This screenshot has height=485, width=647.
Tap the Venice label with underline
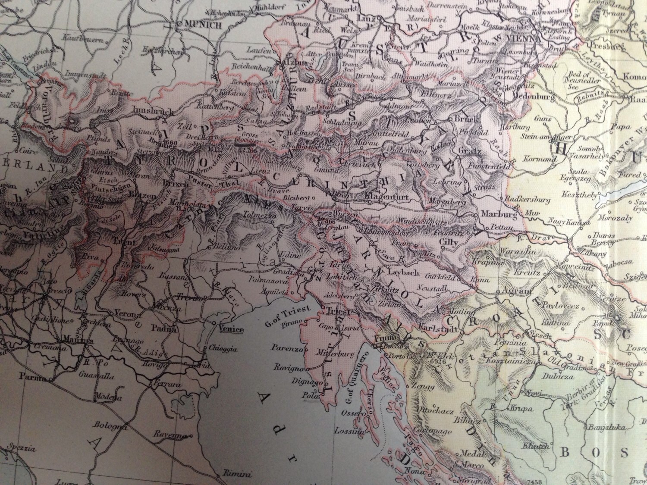point(231,330)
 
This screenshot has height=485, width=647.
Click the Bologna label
point(107,427)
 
